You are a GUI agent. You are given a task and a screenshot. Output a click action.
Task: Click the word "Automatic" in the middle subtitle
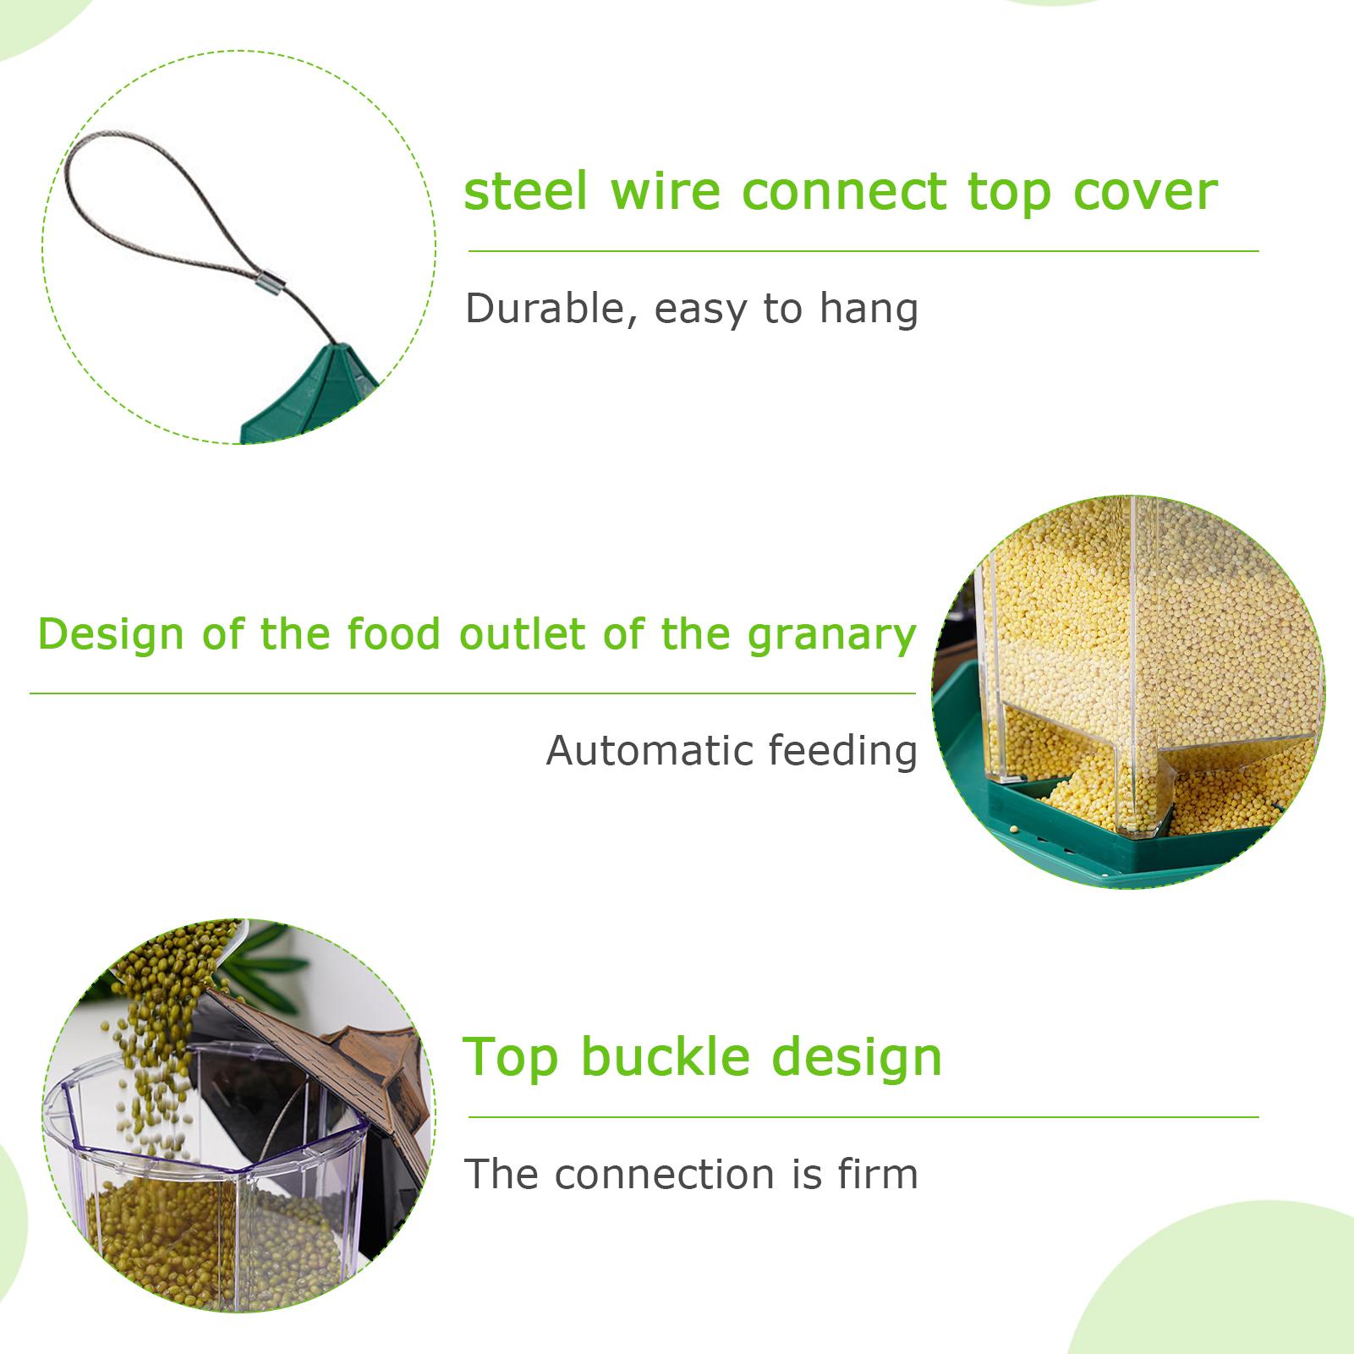650,750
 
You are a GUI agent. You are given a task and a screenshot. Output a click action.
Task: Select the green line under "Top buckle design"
863,1117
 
